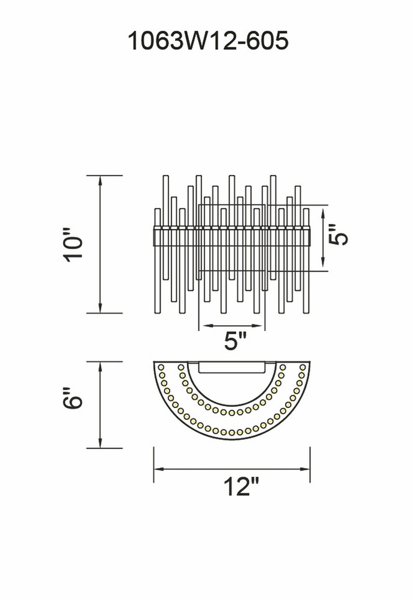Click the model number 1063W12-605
pos(207,41)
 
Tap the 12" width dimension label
pos(241,486)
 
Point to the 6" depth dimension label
pos(73,398)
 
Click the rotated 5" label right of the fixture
pos(338,234)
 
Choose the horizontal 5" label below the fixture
pos(235,340)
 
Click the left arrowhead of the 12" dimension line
pos(158,469)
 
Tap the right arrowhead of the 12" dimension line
pos(306,469)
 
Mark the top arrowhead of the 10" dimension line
pos(100,180)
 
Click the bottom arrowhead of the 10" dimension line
pos(100,308)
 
